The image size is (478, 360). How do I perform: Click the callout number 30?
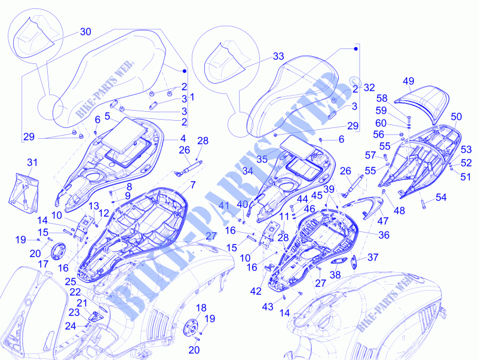pyautogui.click(x=85, y=32)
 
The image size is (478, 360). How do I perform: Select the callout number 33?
pyautogui.click(x=278, y=56)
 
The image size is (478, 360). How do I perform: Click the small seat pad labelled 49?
pyautogui.click(x=422, y=103)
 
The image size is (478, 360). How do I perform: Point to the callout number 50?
pyautogui.click(x=456, y=117)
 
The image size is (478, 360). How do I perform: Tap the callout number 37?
pyautogui.click(x=373, y=258)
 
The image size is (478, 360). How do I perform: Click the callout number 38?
pyautogui.click(x=335, y=275)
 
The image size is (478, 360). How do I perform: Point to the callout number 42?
pyautogui.click(x=256, y=291)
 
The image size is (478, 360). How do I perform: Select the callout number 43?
pyautogui.click(x=268, y=307)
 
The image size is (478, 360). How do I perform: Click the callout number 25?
pyautogui.click(x=71, y=282)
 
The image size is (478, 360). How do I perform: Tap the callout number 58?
pyautogui.click(x=382, y=98)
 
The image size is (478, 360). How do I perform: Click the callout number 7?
pyautogui.click(x=193, y=185)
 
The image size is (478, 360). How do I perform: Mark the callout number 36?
pyautogui.click(x=384, y=235)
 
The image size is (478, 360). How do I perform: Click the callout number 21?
pyautogui.click(x=82, y=303)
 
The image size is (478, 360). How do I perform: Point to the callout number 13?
pyautogui.click(x=94, y=206)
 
